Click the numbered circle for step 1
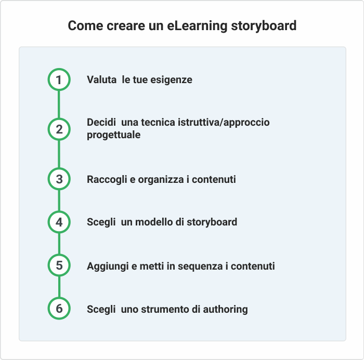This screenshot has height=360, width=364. click(x=59, y=79)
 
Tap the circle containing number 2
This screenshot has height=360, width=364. click(x=59, y=129)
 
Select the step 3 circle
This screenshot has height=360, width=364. click(x=59, y=179)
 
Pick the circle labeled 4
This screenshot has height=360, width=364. click(x=59, y=222)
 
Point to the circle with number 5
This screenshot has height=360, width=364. click(x=59, y=265)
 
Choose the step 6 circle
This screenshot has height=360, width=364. click(x=59, y=308)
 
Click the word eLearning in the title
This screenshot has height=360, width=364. click(x=197, y=26)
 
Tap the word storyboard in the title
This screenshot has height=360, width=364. click(x=264, y=25)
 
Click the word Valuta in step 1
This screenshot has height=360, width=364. click(x=102, y=79)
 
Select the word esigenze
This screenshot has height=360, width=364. click(x=171, y=80)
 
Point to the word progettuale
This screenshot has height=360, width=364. click(x=113, y=135)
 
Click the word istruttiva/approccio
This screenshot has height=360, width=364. click(x=224, y=123)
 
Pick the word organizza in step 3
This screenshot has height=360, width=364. click(x=161, y=180)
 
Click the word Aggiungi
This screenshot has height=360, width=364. click(x=108, y=266)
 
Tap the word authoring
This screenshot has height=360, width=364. click(x=225, y=310)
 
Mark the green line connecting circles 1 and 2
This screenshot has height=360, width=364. click(x=59, y=104)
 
